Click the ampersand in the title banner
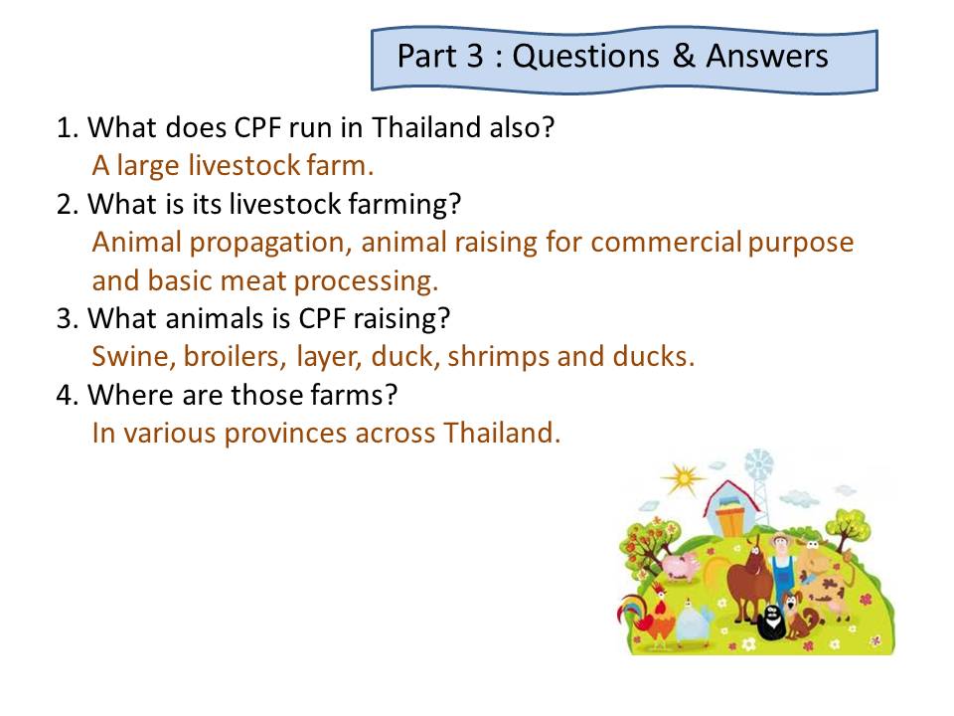click(x=684, y=56)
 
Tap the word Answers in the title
click(x=766, y=56)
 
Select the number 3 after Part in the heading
click(x=475, y=56)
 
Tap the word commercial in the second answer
click(x=666, y=243)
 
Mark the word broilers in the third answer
click(x=235, y=357)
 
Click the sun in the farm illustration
click(x=684, y=478)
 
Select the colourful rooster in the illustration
click(x=647, y=615)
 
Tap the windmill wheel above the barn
click(x=758, y=465)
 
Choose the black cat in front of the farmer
click(x=771, y=621)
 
